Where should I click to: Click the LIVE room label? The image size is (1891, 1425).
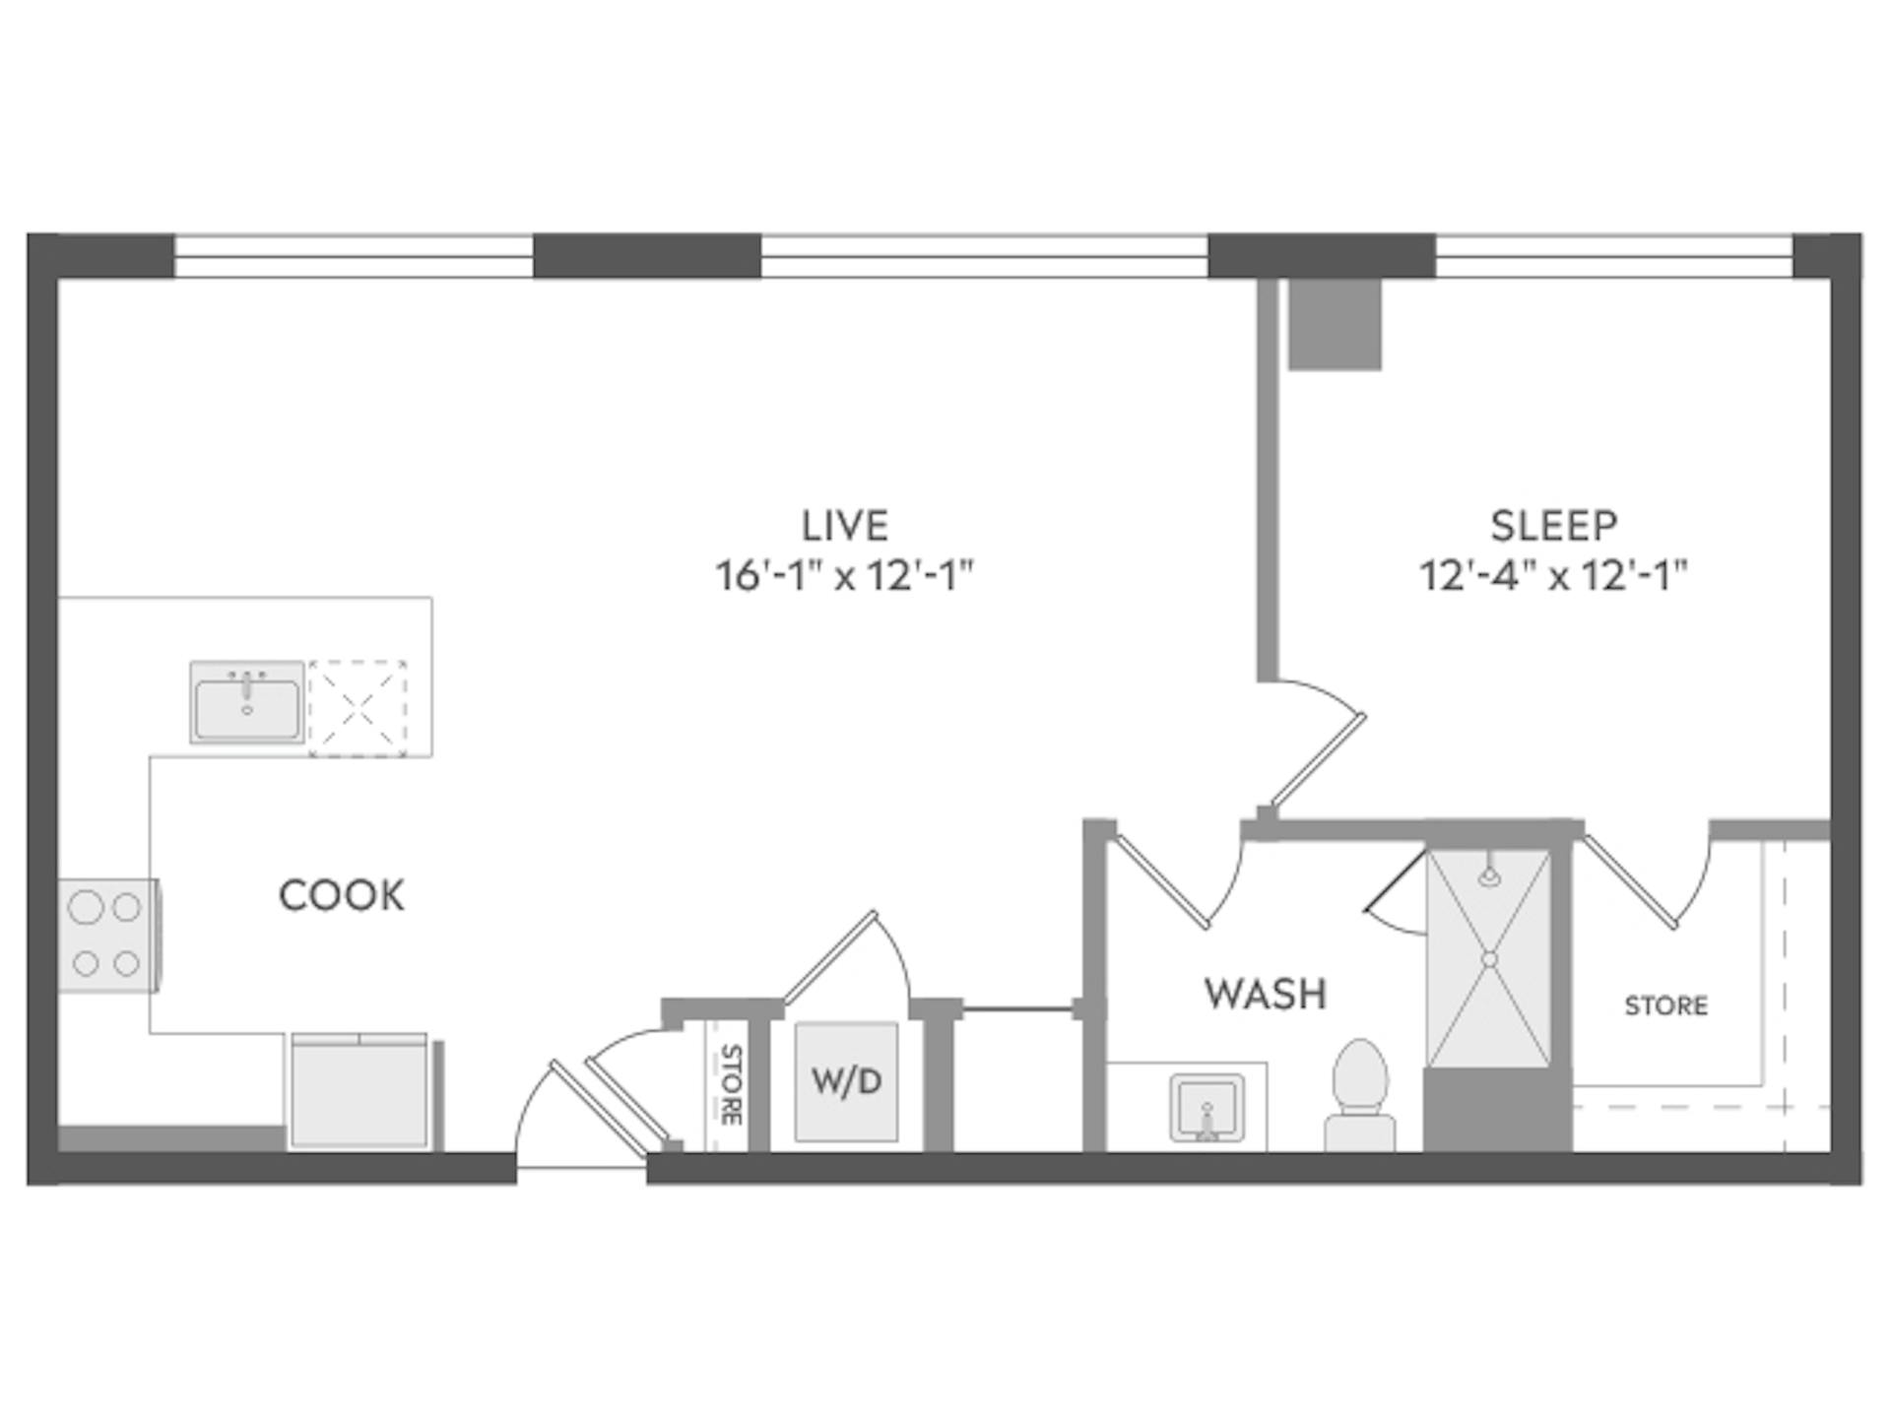(x=845, y=525)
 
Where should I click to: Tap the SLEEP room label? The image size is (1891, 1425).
(x=1553, y=525)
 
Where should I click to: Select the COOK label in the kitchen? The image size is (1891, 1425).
(x=342, y=895)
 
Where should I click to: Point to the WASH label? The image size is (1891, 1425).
(x=1266, y=994)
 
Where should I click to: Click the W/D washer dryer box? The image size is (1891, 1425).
(x=846, y=1081)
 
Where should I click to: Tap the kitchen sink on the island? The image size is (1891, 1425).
(x=247, y=702)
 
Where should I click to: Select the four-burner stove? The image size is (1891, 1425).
(x=106, y=935)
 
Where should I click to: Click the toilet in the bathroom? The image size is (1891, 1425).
(x=1359, y=1093)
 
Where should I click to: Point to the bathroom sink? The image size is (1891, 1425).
(x=1206, y=1109)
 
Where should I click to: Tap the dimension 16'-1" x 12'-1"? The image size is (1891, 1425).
(x=845, y=576)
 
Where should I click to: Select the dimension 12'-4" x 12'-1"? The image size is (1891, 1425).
(x=1553, y=576)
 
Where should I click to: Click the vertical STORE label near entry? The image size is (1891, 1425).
(x=731, y=1083)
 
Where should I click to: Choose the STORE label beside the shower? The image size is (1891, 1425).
(x=1665, y=1005)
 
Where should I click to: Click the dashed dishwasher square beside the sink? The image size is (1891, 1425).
(x=358, y=707)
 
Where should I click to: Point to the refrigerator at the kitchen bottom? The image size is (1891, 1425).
(x=359, y=1091)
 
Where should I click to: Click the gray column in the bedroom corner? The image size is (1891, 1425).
(x=1335, y=324)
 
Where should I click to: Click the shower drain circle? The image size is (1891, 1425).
(x=1489, y=958)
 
